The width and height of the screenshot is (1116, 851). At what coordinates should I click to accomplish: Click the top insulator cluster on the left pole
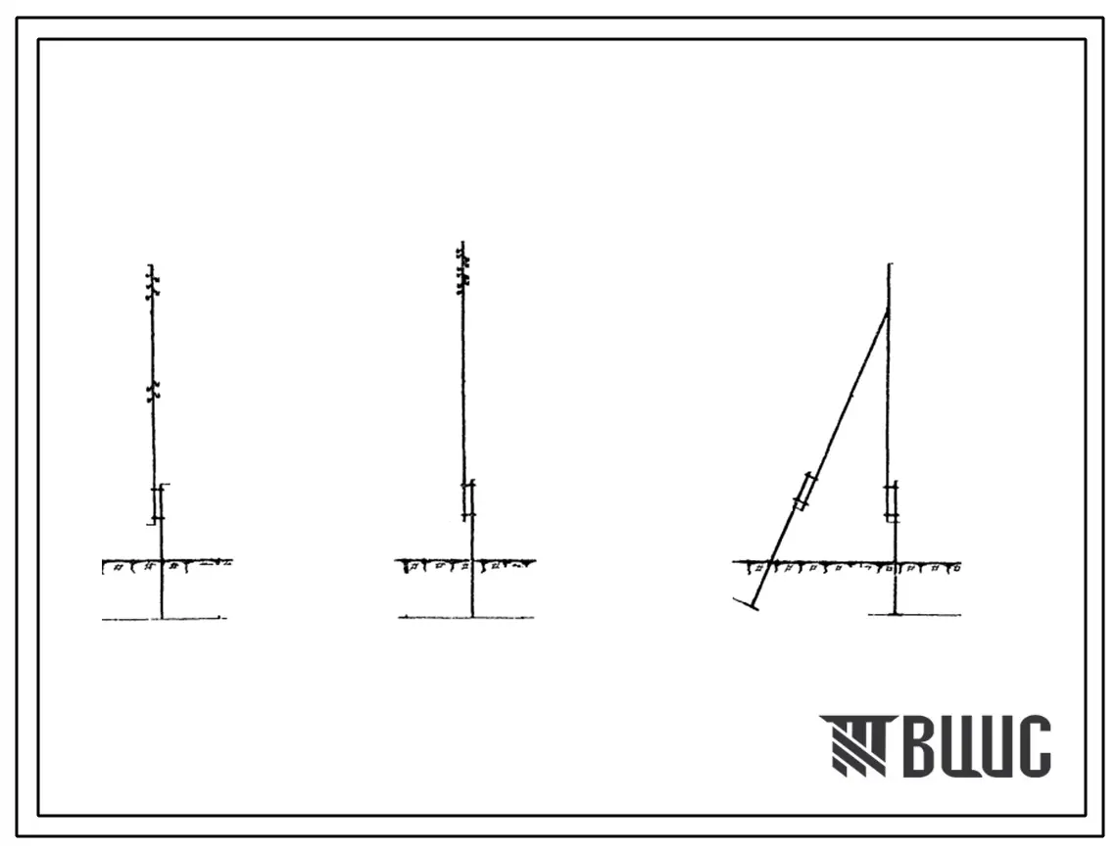point(152,282)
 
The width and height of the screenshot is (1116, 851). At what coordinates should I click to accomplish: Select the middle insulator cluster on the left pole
point(152,391)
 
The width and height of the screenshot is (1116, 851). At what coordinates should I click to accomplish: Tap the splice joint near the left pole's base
point(160,504)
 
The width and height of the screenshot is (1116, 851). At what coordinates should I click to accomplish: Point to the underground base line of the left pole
point(164,618)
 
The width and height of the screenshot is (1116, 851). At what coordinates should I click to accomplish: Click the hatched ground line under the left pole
point(168,565)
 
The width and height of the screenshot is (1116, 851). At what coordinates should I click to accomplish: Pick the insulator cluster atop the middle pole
point(462,269)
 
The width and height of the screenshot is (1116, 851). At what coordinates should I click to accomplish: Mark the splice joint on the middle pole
point(467,501)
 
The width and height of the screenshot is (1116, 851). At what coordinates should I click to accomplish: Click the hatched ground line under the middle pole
point(465,565)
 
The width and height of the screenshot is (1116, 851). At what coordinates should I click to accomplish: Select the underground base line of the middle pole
point(466,617)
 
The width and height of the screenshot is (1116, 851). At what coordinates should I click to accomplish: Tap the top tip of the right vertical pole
point(889,264)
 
